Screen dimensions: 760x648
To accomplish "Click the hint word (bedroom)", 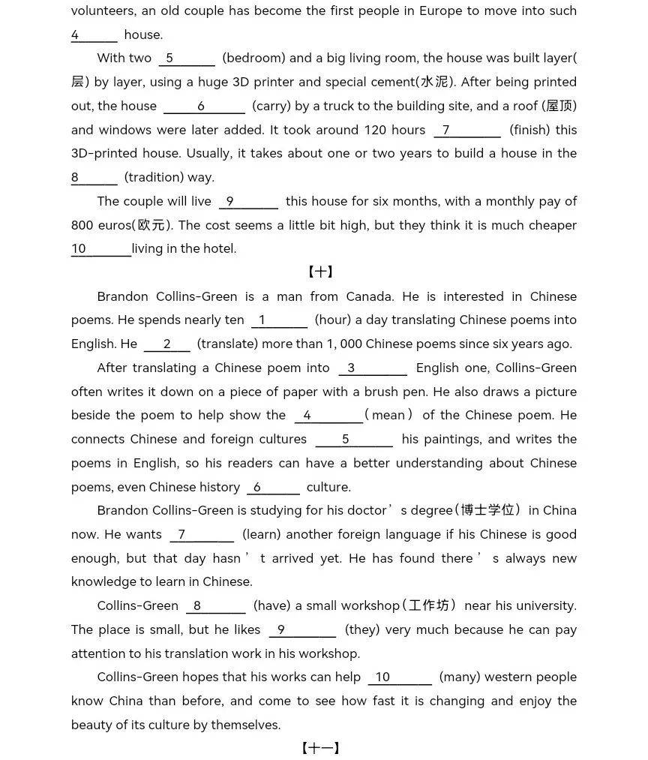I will (253, 59).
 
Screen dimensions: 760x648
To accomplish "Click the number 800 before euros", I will (82, 225).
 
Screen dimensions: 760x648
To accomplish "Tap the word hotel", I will (218, 249).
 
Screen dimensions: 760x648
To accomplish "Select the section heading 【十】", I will (320, 272).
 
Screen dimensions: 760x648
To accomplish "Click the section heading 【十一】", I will (320, 748).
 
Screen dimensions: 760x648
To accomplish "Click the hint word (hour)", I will (332, 320).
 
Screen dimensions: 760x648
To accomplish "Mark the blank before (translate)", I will (167, 344).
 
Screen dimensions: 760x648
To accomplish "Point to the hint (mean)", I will (389, 416).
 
